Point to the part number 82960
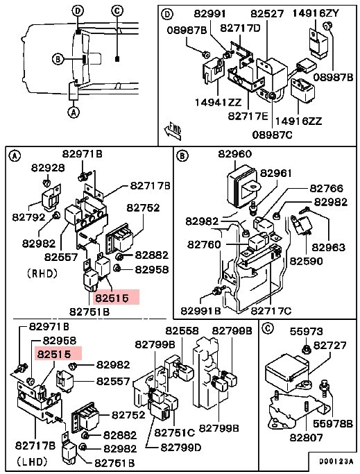235,154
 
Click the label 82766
326,188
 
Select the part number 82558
180,331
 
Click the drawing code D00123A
336,461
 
